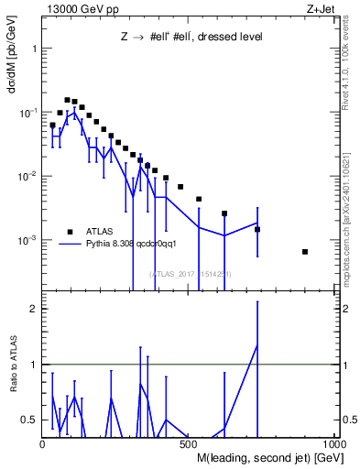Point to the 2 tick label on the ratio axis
pos(33,309)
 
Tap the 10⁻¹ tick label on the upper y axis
pos(28,112)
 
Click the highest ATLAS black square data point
pos(67,100)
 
